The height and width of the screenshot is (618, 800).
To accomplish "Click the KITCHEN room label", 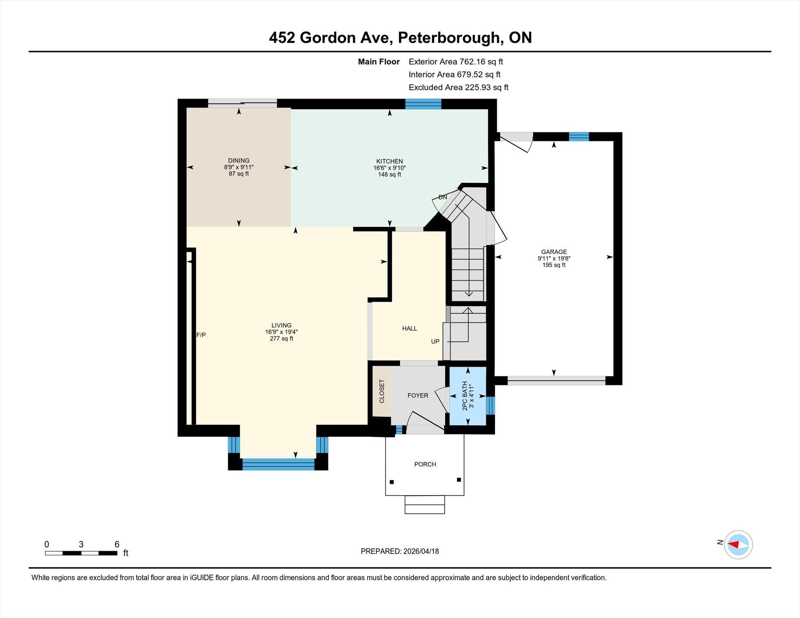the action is tap(389, 161).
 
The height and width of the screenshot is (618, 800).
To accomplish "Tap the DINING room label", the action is tap(239, 160).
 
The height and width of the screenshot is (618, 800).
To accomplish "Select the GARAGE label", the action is tap(554, 252).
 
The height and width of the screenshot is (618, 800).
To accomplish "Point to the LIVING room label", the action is tap(281, 325).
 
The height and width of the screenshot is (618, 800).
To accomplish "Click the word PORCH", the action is tap(425, 464).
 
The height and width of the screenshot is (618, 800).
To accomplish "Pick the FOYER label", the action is tap(418, 395).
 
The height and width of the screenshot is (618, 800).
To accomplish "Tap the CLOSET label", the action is tap(382, 391).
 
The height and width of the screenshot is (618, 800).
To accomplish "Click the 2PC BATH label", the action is tap(465, 395).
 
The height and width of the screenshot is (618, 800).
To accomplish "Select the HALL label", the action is tap(409, 328).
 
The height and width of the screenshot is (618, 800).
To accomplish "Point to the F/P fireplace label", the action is tap(201, 335).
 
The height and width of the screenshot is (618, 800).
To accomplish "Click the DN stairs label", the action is tap(443, 197).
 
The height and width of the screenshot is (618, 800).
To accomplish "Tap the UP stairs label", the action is tap(435, 341).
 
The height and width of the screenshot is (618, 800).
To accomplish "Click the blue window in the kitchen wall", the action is tap(423, 104).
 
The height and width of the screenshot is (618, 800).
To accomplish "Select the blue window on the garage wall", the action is tap(579, 137).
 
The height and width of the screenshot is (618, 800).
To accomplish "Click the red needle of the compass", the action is tap(733, 545).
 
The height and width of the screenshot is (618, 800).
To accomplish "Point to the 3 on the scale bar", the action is tap(81, 544).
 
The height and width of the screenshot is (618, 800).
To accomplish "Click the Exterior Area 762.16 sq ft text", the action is tap(455, 62).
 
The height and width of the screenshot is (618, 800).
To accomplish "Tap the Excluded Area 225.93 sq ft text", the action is tap(458, 87).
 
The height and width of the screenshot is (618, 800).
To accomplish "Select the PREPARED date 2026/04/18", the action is tap(421, 551).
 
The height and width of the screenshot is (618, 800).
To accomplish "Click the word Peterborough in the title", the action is tap(449, 38).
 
